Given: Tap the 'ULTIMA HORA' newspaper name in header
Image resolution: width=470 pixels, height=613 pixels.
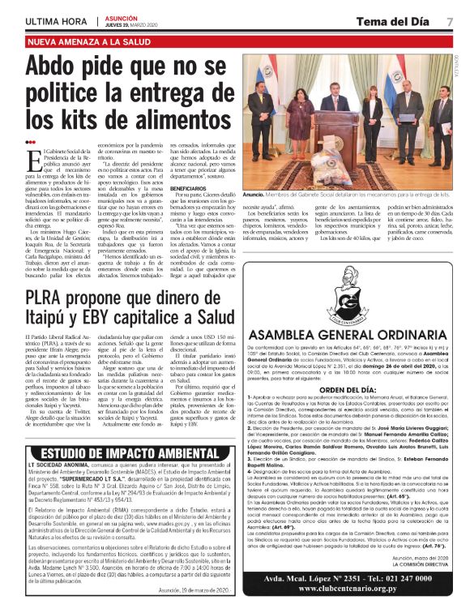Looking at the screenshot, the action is [x=56, y=20].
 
